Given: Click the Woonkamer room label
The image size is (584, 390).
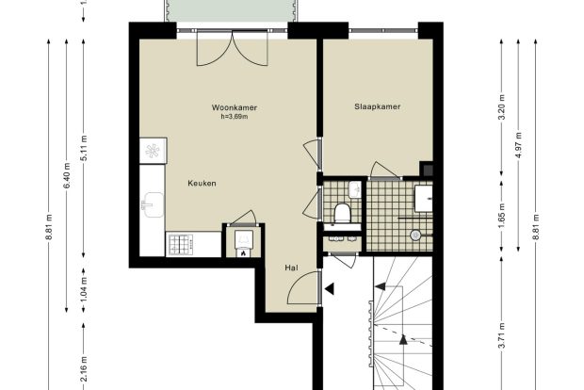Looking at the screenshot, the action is [x=235, y=107].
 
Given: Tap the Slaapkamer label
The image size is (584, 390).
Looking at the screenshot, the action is [x=378, y=106].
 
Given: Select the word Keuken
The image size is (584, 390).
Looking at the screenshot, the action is [x=202, y=184].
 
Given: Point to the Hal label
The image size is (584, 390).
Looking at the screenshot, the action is [x=291, y=268].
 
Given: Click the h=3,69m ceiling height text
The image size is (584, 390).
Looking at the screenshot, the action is [x=235, y=117].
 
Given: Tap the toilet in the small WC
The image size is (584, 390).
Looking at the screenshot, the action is [x=342, y=213].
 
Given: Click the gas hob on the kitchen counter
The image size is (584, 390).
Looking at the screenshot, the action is [x=181, y=244].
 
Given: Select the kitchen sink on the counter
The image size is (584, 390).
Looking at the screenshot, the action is [x=153, y=204].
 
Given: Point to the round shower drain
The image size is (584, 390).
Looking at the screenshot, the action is [x=415, y=236].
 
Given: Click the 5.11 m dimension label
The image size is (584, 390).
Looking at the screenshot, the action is [x=84, y=148].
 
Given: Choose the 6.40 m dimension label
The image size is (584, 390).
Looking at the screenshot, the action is [x=67, y=175].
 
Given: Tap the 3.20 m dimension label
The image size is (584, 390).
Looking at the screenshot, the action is [x=502, y=106].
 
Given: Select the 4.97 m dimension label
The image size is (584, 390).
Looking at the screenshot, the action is [x=518, y=144].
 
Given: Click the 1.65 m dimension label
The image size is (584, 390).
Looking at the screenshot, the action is [x=502, y=217].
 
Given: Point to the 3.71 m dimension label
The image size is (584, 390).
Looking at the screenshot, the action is [x=502, y=335].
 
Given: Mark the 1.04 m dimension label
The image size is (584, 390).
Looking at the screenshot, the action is [x=84, y=290].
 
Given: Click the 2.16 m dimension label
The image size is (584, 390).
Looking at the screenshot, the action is [x=84, y=368].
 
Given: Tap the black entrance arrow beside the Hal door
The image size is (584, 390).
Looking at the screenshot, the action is [x=330, y=288].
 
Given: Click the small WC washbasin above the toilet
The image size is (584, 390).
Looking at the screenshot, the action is [x=355, y=189].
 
